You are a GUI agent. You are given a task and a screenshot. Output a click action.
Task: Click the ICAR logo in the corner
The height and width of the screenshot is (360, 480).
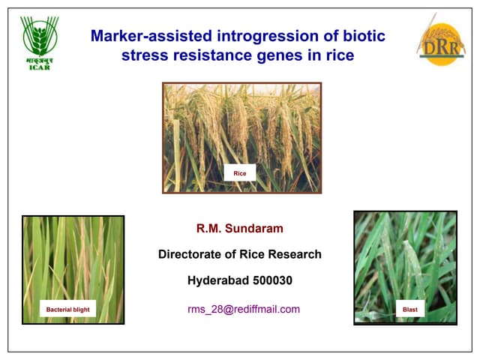coord(40,42)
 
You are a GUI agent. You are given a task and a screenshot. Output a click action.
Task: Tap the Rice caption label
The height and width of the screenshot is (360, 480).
coord(240,173)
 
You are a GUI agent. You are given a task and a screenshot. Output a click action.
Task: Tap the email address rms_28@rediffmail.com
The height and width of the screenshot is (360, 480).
coord(244,309)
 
